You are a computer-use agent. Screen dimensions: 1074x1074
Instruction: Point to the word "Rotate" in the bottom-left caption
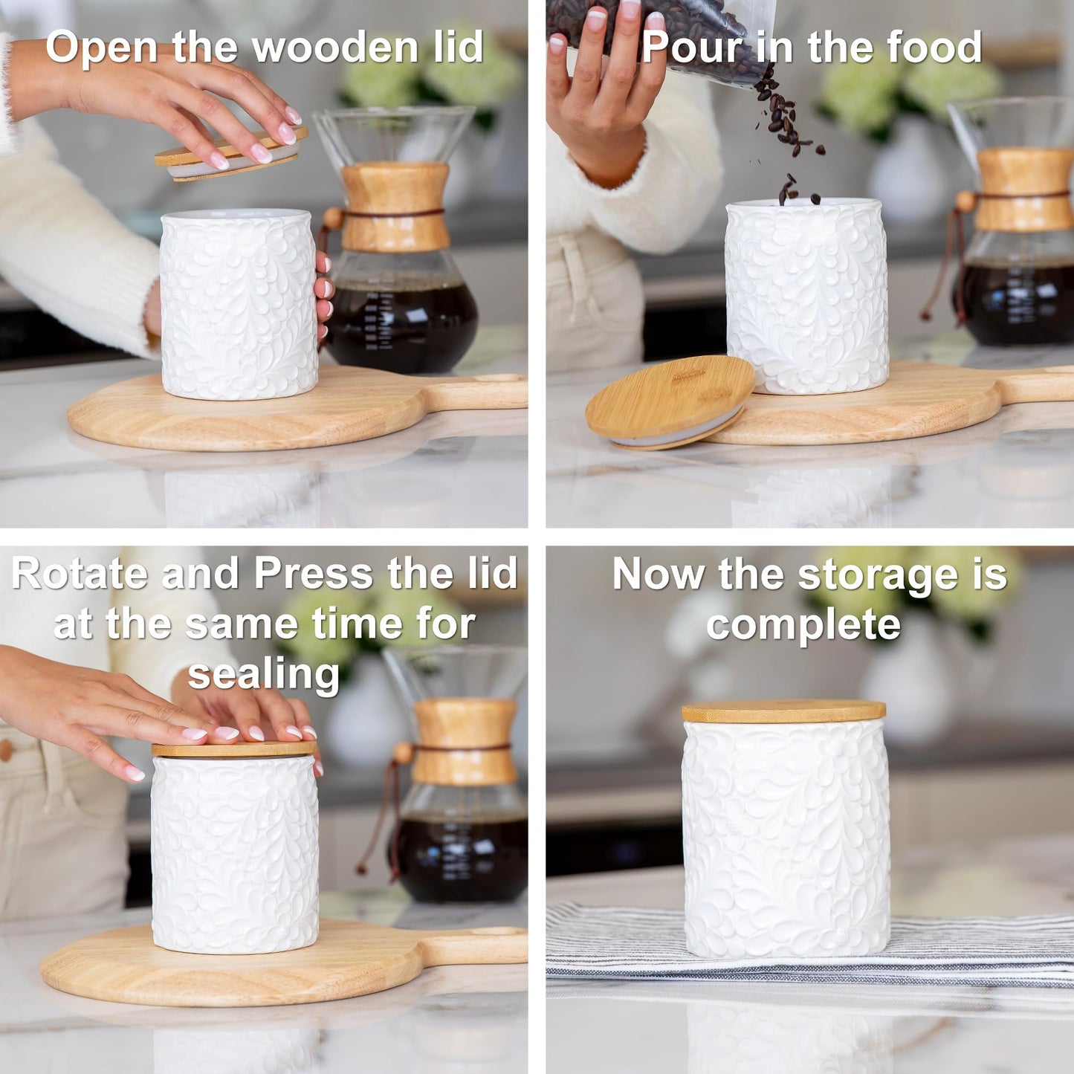[x=80, y=575]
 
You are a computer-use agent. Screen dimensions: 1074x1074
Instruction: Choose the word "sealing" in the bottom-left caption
[x=263, y=674]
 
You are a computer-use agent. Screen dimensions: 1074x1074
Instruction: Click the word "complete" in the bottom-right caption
[x=803, y=624]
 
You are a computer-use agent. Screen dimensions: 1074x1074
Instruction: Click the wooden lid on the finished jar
[x=783, y=711]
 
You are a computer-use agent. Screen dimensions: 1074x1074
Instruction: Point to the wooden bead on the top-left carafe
[x=333, y=219]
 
